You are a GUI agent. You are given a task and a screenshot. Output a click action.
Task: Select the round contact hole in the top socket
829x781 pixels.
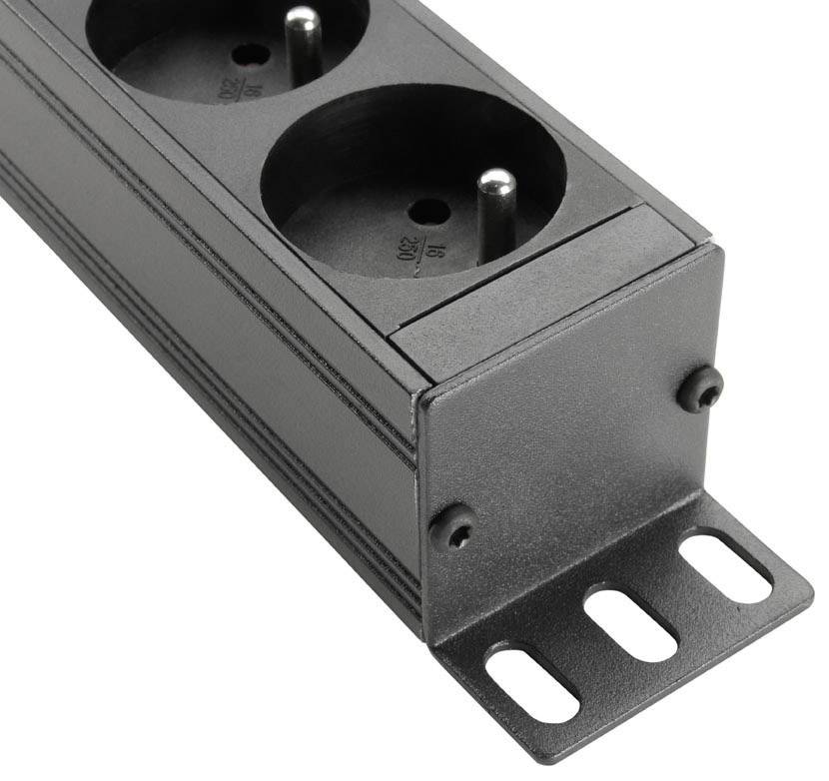click(x=252, y=55)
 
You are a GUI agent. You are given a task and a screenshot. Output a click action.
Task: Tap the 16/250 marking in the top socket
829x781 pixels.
click(x=230, y=85)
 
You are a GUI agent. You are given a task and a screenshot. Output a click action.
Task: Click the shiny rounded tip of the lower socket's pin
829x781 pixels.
click(x=495, y=182)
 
